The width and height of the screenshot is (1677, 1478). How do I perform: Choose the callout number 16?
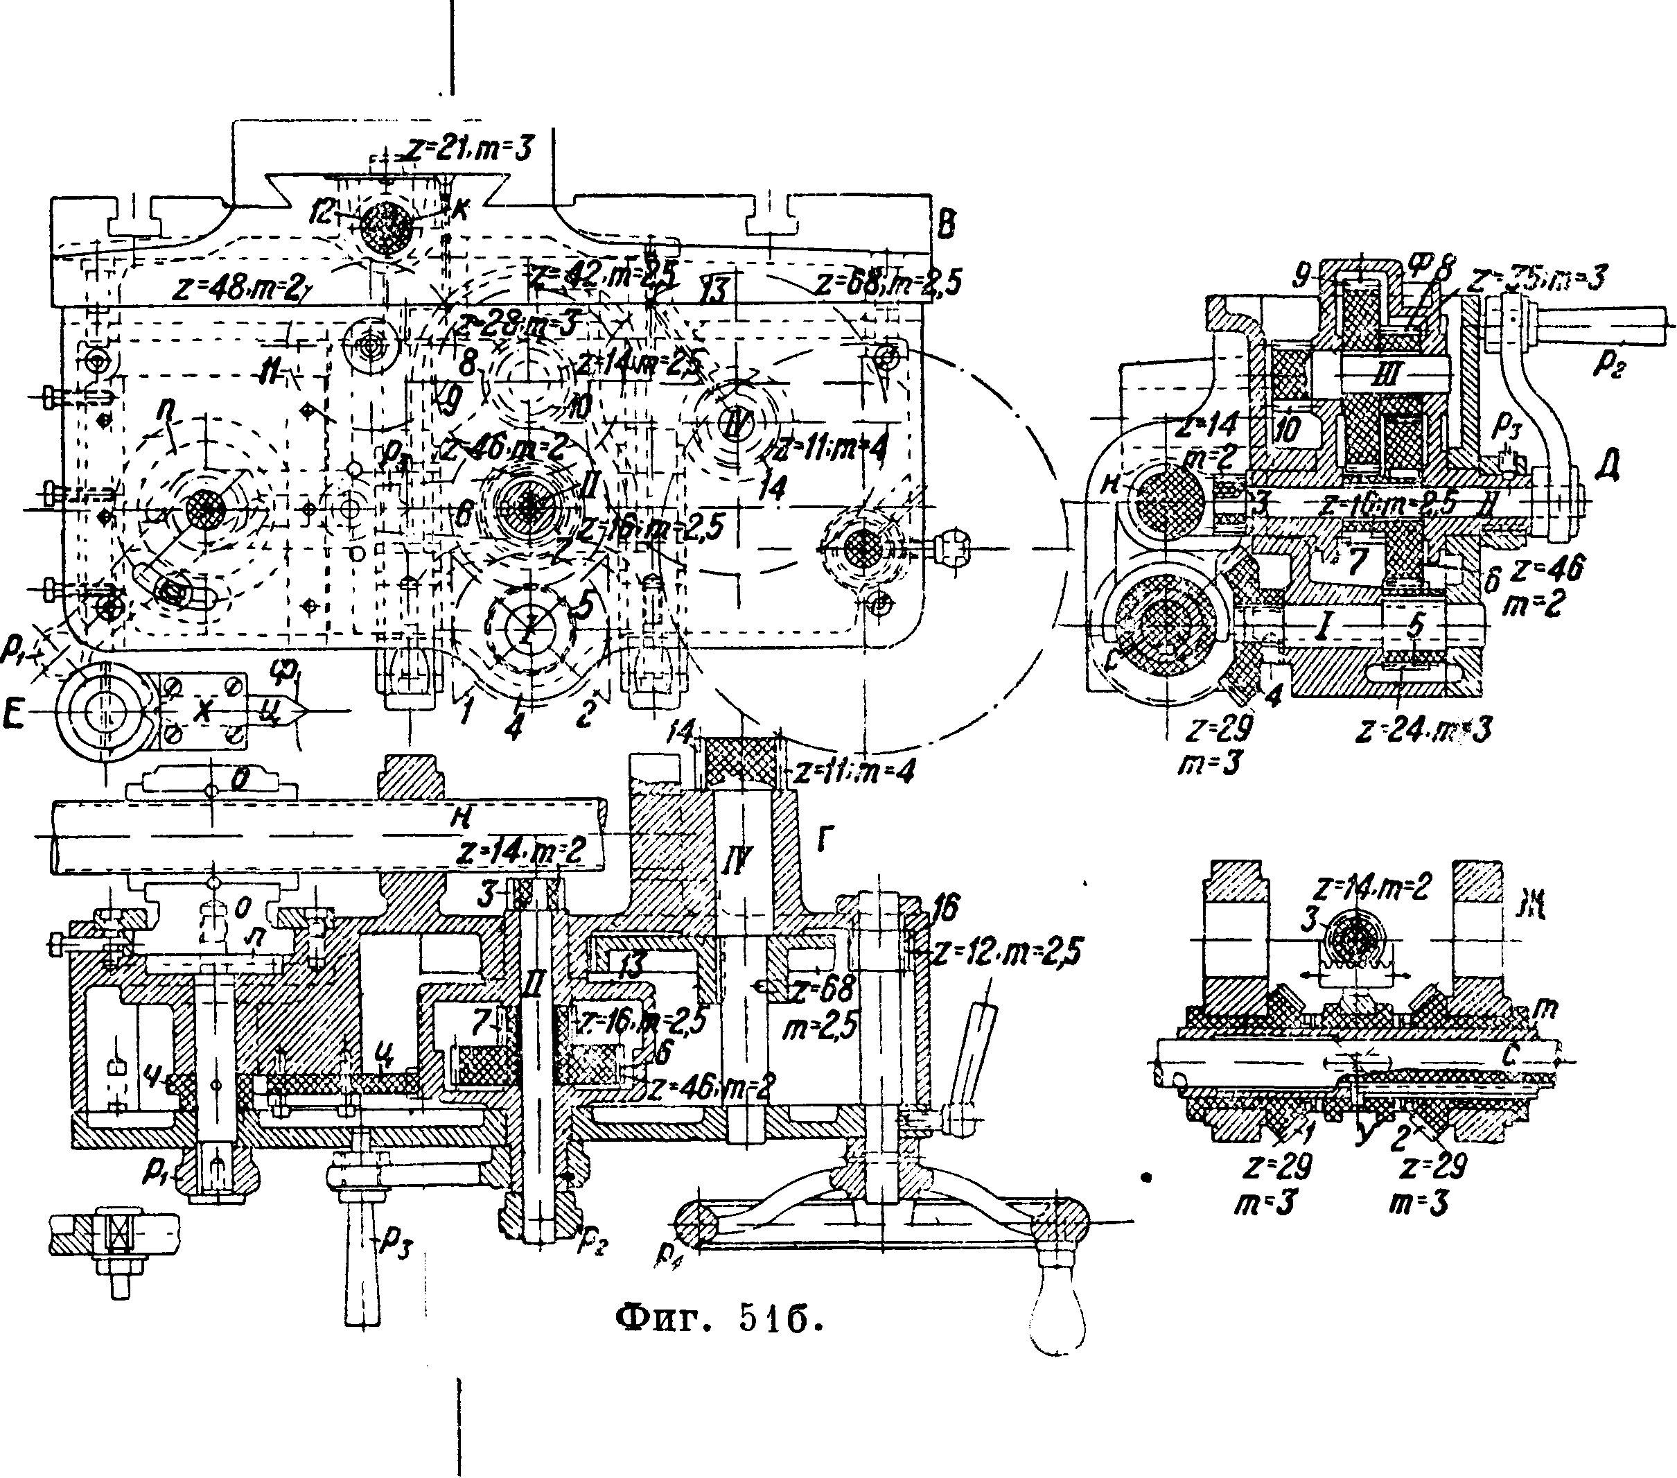(x=946, y=907)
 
